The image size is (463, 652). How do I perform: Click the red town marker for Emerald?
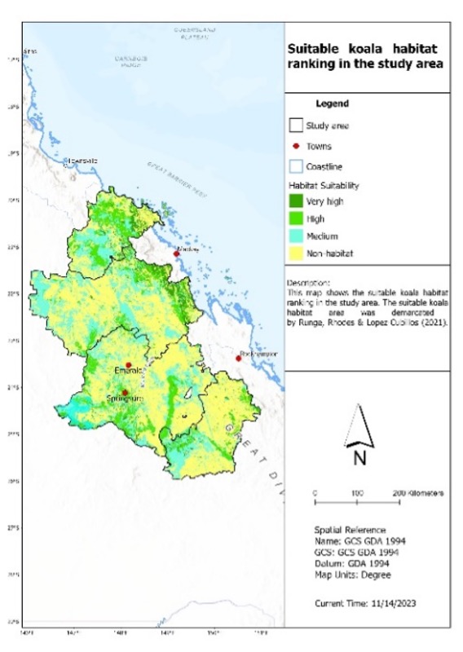128,364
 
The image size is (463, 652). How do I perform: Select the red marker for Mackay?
175,253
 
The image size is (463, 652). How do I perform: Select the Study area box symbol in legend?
294,126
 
